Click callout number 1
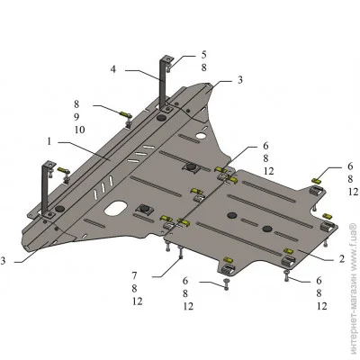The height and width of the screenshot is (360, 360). tap(49, 141)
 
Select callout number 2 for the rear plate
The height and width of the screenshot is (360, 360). tap(342, 258)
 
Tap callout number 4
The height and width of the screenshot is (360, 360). tap(112, 69)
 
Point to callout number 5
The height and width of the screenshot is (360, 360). tap(203, 55)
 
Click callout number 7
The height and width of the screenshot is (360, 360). tap(134, 275)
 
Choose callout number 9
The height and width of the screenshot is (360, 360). tap(76, 117)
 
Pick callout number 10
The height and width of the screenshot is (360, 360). tap(79, 130)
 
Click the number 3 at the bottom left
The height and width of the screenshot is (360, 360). tap(3, 261)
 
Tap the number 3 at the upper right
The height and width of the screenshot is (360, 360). tap(240, 80)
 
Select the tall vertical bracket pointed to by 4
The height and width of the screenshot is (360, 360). tap(163, 83)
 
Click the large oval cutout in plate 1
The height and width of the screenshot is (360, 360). tap(115, 208)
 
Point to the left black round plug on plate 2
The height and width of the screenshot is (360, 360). tap(232, 215)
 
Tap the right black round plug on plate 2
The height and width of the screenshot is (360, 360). tap(267, 229)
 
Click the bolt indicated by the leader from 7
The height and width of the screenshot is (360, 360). tap(181, 253)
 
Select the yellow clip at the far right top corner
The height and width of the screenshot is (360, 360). tap(317, 181)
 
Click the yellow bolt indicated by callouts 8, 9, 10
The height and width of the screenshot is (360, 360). tap(125, 114)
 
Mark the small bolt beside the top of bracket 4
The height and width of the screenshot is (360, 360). tap(168, 67)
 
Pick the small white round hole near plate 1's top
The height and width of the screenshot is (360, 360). tap(201, 136)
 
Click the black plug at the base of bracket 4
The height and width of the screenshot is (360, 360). tap(162, 118)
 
